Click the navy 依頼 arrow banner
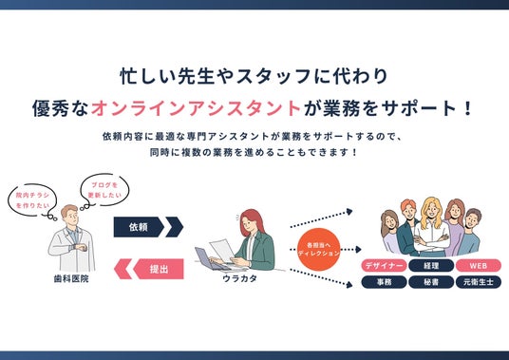148,227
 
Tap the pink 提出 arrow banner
149,269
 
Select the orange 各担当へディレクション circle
318,249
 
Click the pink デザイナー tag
384,266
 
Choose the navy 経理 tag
431,266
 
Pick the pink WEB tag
479,266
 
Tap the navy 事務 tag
384,282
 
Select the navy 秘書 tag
431,282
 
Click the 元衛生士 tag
479,282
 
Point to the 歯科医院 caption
71,279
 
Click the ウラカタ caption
240,278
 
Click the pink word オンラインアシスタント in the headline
196,108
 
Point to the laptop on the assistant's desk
209,258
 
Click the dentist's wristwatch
77,247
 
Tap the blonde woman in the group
432,227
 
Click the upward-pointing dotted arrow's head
349,212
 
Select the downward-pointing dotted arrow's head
349,285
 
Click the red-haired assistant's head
251,220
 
